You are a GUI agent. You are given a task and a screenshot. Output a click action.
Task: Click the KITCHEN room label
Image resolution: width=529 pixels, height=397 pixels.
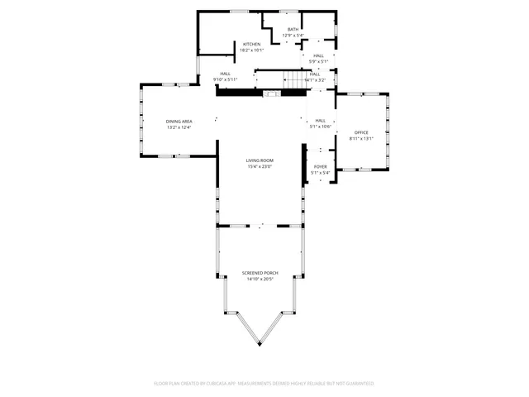251,44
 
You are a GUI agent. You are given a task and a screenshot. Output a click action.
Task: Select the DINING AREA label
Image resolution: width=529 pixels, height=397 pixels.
179,122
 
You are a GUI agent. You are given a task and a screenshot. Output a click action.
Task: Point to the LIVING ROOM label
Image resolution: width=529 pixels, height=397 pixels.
260,160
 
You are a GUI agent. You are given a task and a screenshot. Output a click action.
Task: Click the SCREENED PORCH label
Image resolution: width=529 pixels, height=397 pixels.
260,273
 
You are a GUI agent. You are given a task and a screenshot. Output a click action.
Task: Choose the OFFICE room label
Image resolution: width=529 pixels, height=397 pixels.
361,132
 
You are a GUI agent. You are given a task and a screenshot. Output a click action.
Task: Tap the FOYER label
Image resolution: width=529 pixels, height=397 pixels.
320,167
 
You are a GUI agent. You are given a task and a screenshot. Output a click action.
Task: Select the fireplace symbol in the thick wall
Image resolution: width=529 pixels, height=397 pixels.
270,94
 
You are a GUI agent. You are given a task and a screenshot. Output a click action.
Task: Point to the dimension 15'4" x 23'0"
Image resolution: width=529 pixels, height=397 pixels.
260,166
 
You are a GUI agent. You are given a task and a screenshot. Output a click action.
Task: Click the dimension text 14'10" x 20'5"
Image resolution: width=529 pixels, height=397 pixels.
260,279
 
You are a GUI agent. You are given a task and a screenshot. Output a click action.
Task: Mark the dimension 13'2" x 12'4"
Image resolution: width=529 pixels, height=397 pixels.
179,127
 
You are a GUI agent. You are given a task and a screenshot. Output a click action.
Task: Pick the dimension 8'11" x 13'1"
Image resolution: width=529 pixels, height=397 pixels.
361,138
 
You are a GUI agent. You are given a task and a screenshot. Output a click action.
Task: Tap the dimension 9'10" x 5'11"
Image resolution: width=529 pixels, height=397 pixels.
225,79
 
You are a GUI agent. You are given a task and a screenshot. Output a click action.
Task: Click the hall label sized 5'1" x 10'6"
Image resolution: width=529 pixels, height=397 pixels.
320,121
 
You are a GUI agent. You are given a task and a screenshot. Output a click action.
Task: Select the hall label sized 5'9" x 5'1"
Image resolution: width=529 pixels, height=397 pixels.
318,56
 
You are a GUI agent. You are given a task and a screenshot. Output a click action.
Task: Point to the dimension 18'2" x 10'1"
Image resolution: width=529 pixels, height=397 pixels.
251,50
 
